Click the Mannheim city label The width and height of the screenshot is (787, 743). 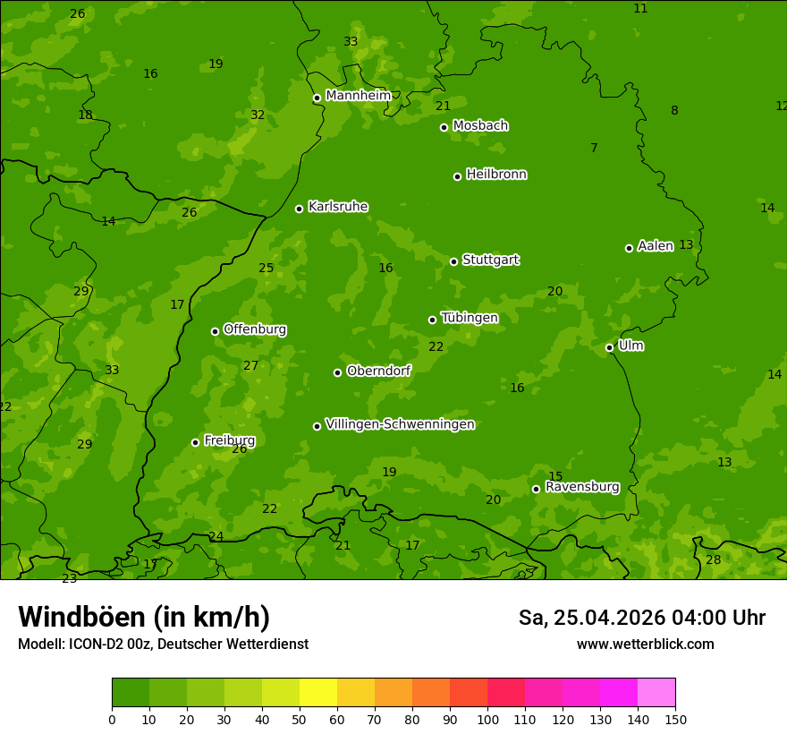pyautogui.click(x=358, y=96)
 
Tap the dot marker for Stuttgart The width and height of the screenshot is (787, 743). pyautogui.click(x=453, y=261)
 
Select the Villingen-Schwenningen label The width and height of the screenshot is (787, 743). pyautogui.click(x=400, y=424)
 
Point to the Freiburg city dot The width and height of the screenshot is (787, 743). pyautogui.click(x=195, y=442)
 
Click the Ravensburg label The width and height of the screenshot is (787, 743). pyautogui.click(x=581, y=487)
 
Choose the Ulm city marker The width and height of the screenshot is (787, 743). pyautogui.click(x=609, y=347)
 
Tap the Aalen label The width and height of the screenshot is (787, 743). pyautogui.click(x=655, y=246)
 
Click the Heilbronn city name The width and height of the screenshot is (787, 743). pyautogui.click(x=495, y=175)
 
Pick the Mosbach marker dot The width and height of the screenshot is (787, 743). pyautogui.click(x=444, y=127)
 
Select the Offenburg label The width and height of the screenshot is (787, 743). pyautogui.click(x=254, y=329)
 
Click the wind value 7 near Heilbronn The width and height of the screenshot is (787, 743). pyautogui.click(x=594, y=148)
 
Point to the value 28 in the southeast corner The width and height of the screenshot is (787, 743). pyautogui.click(x=713, y=560)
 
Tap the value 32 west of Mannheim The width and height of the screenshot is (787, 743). pyautogui.click(x=258, y=115)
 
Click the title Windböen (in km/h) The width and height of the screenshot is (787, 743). pyautogui.click(x=143, y=617)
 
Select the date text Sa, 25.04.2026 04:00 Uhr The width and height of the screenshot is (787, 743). pyautogui.click(x=641, y=618)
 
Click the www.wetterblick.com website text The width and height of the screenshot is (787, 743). pyautogui.click(x=645, y=645)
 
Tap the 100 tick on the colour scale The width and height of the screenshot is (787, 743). pyautogui.click(x=487, y=719)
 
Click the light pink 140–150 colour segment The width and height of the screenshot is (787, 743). pyautogui.click(x=656, y=693)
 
